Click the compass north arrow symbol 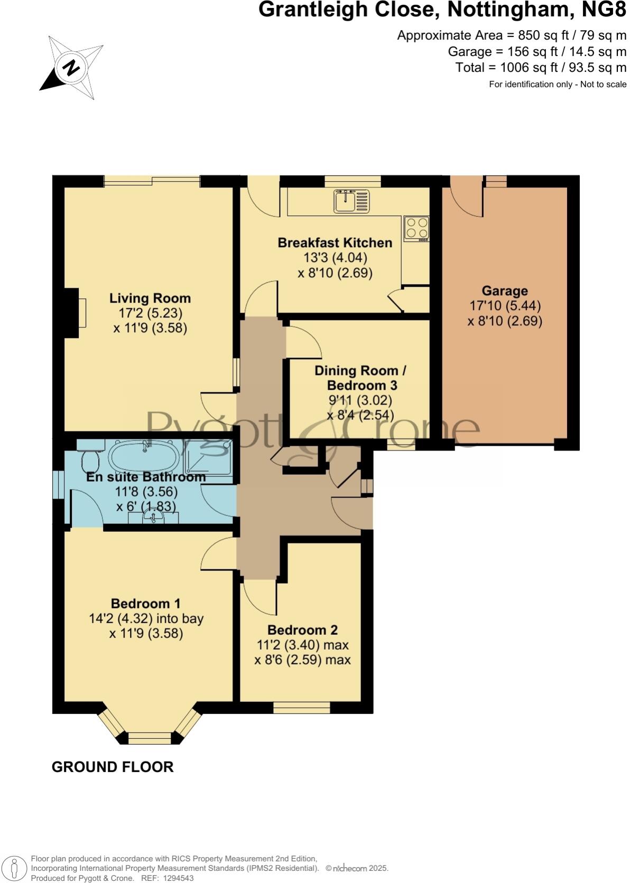coord(71,67)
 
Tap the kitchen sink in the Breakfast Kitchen coord(351,201)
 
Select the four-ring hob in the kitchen coord(416,228)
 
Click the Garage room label coord(504,291)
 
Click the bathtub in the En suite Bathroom coord(144,455)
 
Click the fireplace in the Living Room coord(76,313)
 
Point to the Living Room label coord(150,298)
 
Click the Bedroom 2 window coord(302,708)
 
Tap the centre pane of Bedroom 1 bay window coord(150,738)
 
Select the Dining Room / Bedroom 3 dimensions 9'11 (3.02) coord(360,400)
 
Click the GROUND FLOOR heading coord(113,767)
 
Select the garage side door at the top coord(466,196)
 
